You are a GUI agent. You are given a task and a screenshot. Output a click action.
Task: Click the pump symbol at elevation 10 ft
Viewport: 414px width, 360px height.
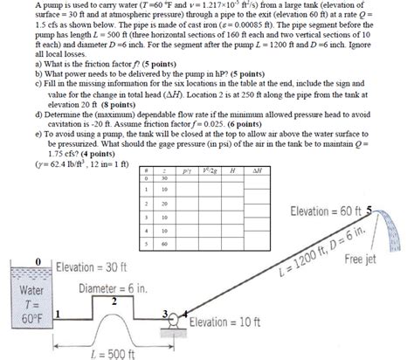[175, 320]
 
